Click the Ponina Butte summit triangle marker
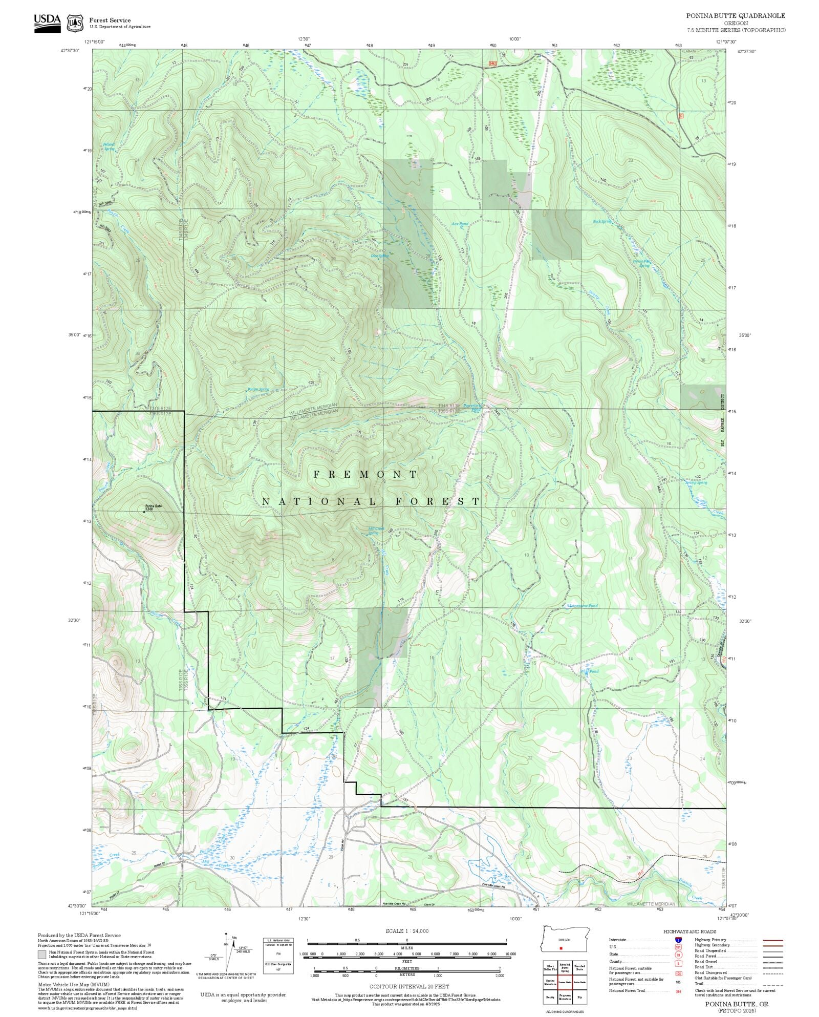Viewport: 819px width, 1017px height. (144, 511)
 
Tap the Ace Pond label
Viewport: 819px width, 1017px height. (460, 224)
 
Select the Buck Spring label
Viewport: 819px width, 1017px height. (602, 222)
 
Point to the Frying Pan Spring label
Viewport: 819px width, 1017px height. (641, 263)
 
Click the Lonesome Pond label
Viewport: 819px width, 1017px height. (584, 606)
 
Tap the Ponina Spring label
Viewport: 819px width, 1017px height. (258, 389)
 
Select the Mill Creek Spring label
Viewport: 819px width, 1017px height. (376, 531)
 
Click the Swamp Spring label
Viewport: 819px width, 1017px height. (696, 482)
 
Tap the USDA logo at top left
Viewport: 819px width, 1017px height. (47, 23)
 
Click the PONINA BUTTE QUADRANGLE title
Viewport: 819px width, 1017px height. (736, 16)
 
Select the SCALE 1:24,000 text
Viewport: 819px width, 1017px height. (407, 931)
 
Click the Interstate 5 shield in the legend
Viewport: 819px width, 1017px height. (678, 940)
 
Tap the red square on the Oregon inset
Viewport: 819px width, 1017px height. (561, 948)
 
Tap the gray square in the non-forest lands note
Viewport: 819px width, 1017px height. (41, 955)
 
